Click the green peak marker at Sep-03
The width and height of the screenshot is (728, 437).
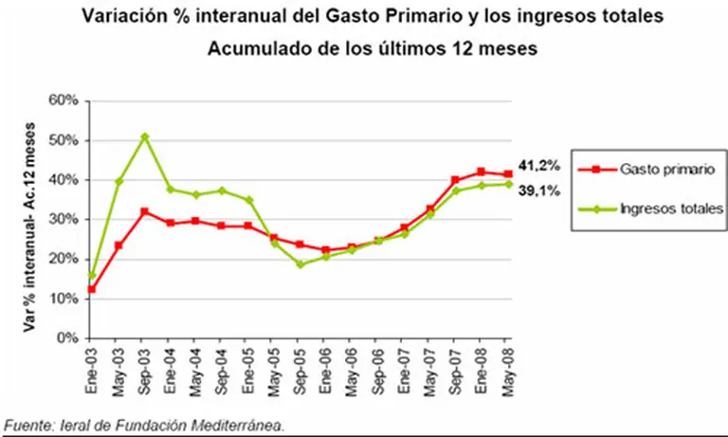(144, 137)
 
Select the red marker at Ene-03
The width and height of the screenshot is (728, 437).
(93, 289)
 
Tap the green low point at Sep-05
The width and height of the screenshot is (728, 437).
(300, 264)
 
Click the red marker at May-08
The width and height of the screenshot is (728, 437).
(508, 174)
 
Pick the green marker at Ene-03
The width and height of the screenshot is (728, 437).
(93, 275)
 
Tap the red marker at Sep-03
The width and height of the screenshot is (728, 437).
(144, 211)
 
